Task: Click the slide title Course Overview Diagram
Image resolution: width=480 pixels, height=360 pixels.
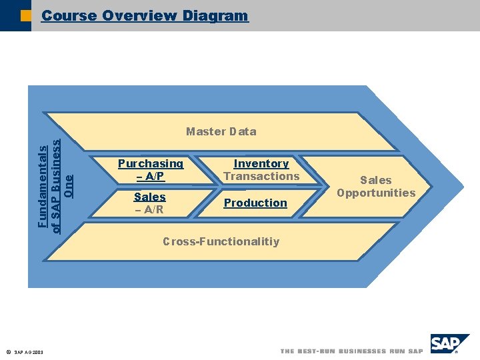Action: (x=145, y=15)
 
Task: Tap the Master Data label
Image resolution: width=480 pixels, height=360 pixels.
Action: (x=221, y=131)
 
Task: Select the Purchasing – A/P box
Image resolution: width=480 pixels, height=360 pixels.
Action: (x=150, y=170)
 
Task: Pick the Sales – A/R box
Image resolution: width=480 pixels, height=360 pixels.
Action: (x=149, y=203)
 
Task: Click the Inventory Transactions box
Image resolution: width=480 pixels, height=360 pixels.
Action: (x=261, y=170)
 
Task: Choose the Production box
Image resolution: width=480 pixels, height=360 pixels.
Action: (x=255, y=203)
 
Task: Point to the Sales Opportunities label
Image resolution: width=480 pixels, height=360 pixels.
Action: (x=376, y=187)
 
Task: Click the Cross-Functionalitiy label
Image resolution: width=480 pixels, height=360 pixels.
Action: (x=221, y=241)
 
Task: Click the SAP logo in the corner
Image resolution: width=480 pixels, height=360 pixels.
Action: (x=448, y=345)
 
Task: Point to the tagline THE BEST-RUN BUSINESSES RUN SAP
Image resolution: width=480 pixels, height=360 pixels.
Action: (x=351, y=351)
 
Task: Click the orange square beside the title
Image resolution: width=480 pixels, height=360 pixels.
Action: (x=25, y=15)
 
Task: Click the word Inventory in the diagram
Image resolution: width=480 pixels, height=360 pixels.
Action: (x=261, y=163)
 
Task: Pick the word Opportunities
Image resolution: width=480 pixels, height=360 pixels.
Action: (x=376, y=193)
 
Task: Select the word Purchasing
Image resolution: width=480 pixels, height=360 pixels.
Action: (x=150, y=163)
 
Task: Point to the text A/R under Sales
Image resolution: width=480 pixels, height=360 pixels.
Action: (x=153, y=209)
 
